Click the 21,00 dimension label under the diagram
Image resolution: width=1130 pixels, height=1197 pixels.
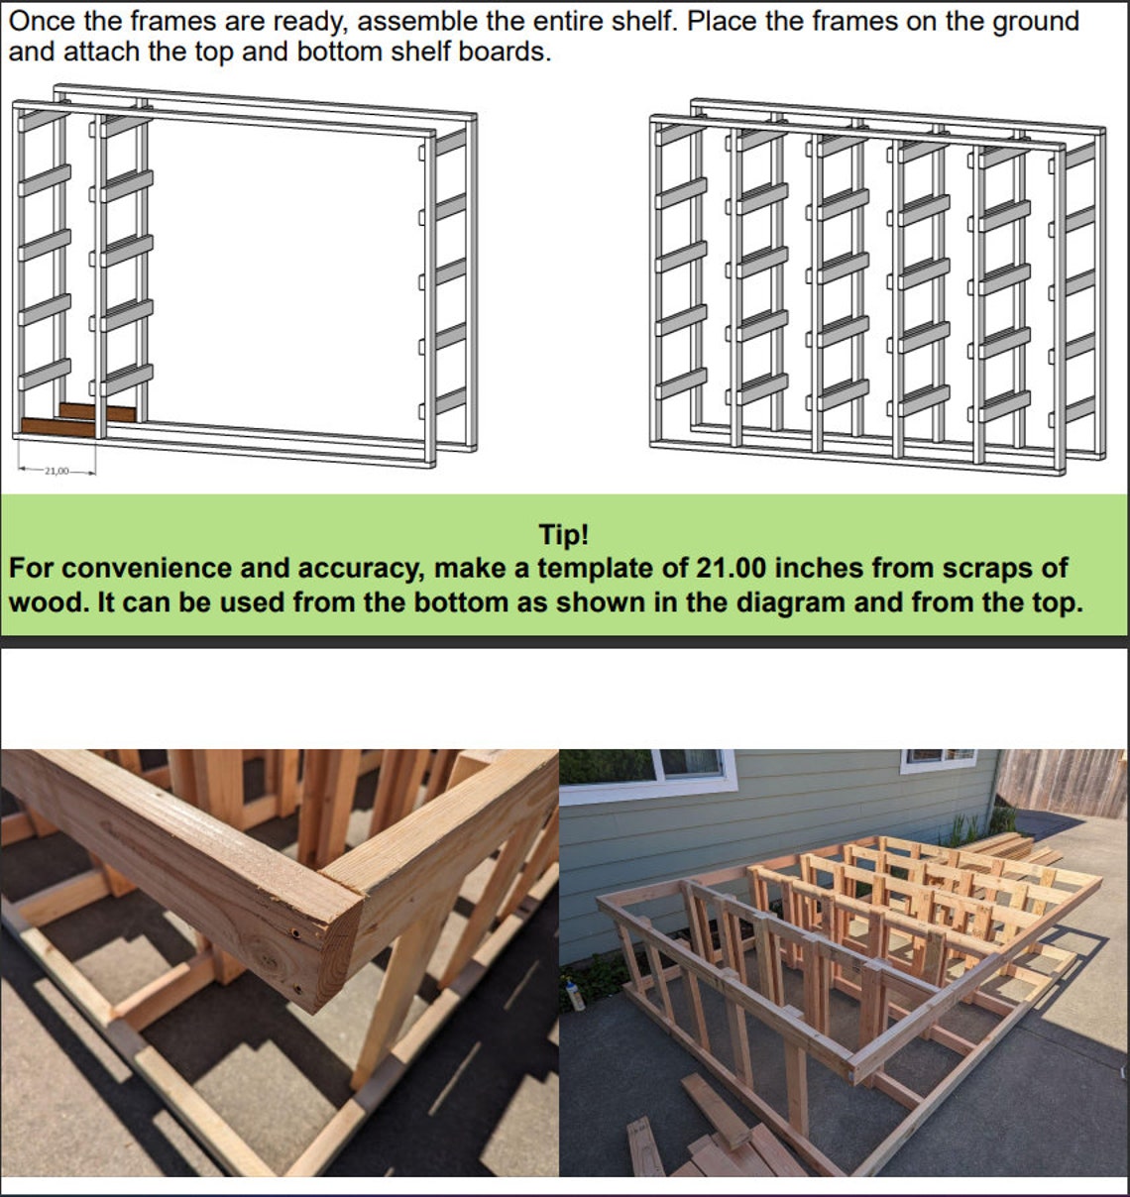click(56, 471)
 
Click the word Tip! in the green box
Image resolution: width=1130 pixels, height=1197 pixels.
click(563, 535)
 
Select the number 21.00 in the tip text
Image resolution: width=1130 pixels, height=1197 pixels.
click(732, 569)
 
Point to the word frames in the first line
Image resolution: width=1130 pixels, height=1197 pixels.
click(173, 22)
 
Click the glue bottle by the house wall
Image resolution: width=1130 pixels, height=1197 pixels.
click(575, 995)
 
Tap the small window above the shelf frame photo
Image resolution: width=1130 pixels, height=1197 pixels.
click(939, 761)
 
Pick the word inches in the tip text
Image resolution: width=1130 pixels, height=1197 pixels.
click(814, 569)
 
